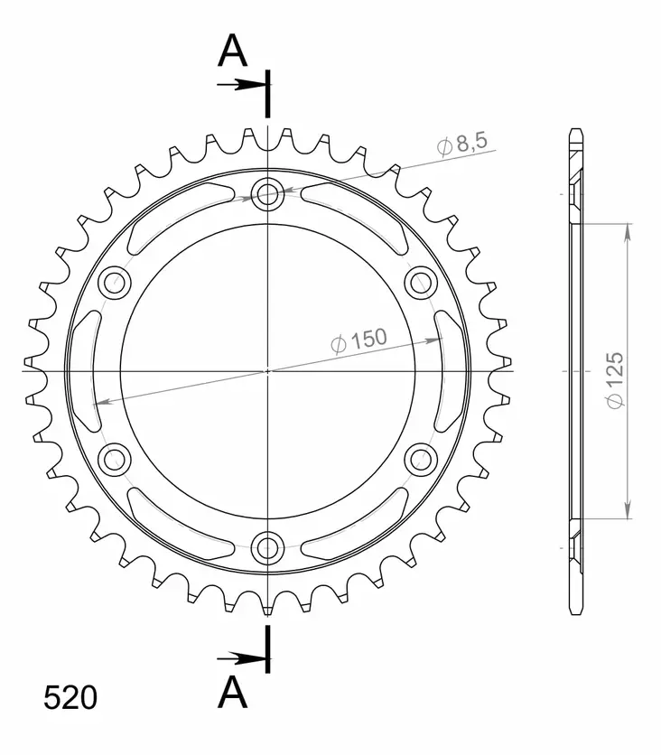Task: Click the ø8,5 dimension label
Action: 462,144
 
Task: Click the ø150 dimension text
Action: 358,340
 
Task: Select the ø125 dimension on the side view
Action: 615,373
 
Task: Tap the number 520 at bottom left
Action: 70,698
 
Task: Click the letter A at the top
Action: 232,52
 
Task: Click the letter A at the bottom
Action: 233,694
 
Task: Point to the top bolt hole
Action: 267,193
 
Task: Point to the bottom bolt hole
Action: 267,546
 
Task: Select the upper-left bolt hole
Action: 115,283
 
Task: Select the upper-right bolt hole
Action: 421,283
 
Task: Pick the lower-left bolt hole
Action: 115,459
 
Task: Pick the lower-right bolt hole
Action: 421,459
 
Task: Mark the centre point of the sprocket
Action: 267,371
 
